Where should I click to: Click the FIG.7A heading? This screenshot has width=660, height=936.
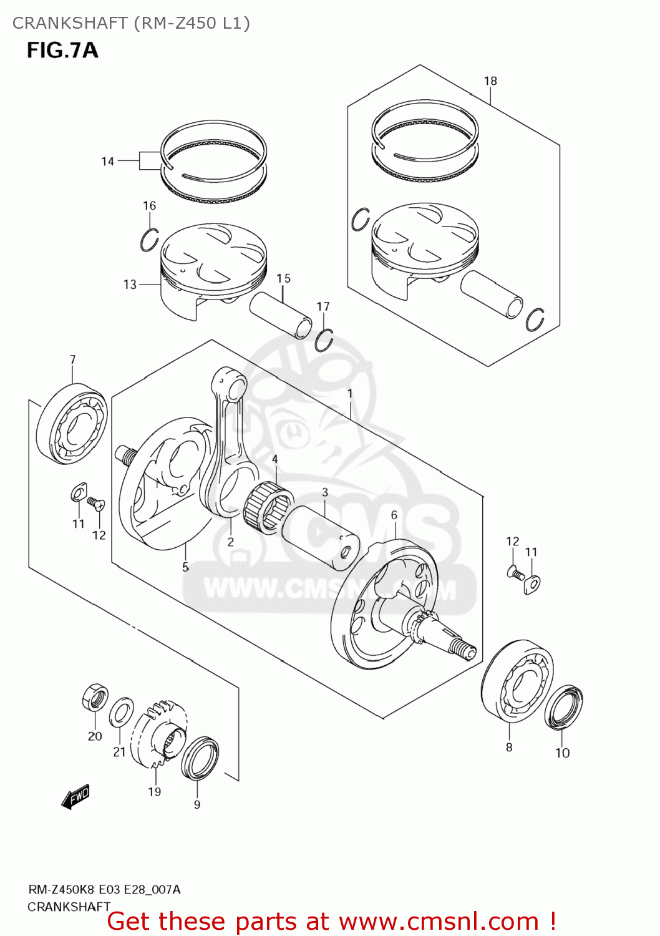point(62,50)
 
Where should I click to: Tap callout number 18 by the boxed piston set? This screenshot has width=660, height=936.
point(490,81)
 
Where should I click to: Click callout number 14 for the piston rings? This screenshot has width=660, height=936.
point(107,162)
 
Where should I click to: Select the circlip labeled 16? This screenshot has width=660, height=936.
point(149,240)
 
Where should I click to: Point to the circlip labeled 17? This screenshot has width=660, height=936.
point(324,340)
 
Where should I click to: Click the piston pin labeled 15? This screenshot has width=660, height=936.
point(281,314)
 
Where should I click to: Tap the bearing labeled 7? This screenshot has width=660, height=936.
point(72,424)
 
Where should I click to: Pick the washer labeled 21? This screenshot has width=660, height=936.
point(121,713)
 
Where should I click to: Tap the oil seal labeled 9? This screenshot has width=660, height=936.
point(200,758)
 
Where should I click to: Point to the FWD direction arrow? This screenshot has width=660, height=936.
point(76,797)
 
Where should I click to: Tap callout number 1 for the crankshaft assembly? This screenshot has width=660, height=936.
point(350,394)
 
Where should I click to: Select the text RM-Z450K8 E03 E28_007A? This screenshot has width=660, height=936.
point(104,889)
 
